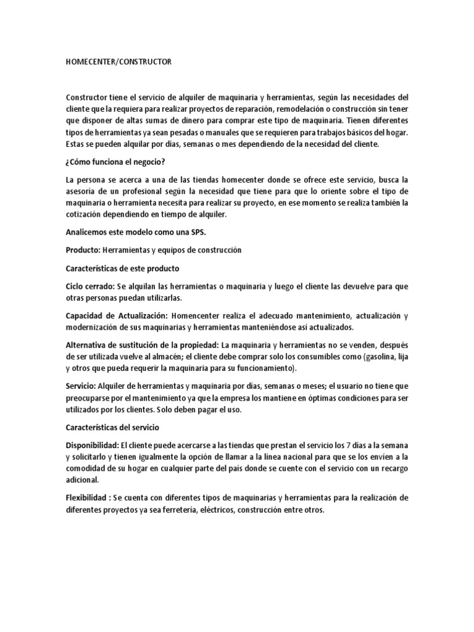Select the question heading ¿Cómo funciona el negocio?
116,162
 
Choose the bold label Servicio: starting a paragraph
82,386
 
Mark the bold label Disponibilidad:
92,444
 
